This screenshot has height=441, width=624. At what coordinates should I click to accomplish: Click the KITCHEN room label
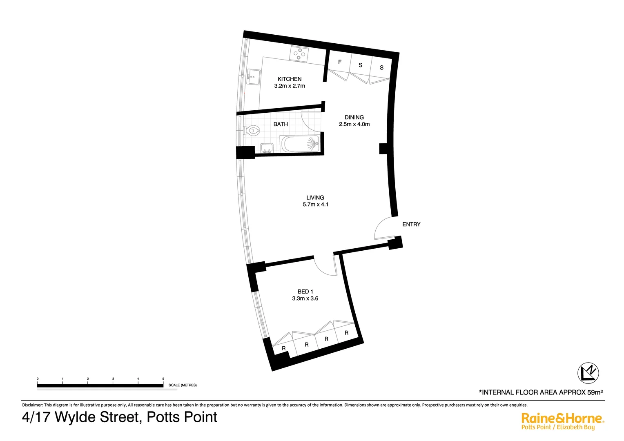click(290, 79)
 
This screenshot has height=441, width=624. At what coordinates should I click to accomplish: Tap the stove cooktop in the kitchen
click(299, 54)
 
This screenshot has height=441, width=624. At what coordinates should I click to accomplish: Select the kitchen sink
click(254, 76)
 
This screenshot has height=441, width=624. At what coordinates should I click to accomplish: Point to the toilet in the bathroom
click(252, 131)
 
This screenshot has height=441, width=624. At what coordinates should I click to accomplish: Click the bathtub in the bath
click(300, 145)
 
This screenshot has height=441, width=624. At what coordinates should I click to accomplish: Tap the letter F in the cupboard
click(340, 62)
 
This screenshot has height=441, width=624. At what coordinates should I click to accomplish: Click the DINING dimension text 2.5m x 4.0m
click(354, 124)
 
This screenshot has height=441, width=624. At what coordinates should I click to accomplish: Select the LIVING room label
click(315, 198)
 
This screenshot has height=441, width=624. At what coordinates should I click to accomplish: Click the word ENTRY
click(411, 224)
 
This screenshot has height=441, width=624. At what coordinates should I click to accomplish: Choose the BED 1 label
click(305, 292)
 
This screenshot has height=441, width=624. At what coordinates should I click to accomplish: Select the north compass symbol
click(588, 373)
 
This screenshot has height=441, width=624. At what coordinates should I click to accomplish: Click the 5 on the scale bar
click(163, 379)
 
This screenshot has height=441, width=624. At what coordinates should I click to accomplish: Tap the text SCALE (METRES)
click(183, 385)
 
